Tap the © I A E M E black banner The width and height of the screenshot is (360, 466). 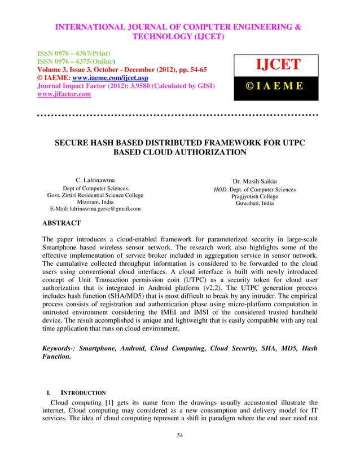[x=275, y=86]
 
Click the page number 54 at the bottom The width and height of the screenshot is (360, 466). [x=179, y=436]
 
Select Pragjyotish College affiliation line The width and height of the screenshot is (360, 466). [x=251, y=196]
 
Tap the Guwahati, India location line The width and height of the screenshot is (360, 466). [x=251, y=203]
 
